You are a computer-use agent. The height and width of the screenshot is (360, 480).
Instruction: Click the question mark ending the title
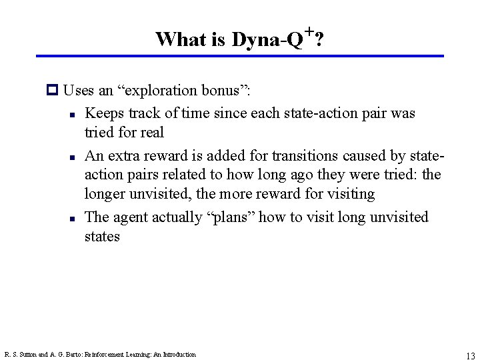(320, 40)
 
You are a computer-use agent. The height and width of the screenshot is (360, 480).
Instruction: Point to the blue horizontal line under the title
(239, 56)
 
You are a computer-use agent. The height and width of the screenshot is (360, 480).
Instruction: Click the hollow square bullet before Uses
(54, 90)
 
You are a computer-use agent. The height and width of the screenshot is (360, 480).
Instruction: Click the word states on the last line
(102, 236)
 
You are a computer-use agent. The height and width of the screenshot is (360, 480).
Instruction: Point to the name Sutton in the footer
(28, 355)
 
